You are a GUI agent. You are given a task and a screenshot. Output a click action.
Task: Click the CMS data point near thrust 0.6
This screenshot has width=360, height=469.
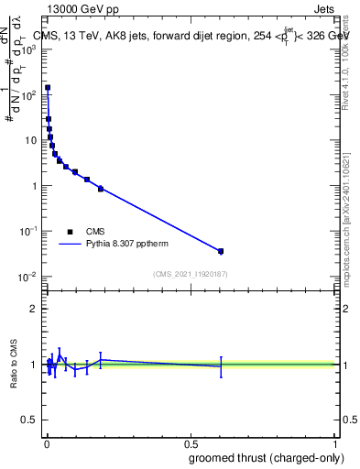coord(221,251)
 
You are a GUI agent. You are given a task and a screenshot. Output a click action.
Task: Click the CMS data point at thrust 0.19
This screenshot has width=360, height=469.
coord(101,189)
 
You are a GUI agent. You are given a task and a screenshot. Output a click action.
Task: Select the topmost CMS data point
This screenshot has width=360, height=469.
coord(48,88)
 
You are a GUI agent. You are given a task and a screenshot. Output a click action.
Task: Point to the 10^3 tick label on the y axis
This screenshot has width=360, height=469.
coord(28,49)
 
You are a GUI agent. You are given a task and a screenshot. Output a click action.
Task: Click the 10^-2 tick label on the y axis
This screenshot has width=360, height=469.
coord(28,277)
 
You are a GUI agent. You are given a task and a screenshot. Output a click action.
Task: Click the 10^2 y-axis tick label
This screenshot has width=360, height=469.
coord(28,94)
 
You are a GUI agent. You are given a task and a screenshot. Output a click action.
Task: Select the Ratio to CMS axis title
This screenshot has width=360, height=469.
coord(14,365)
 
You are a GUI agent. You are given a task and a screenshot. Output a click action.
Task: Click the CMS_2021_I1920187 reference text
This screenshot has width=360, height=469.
coord(189,275)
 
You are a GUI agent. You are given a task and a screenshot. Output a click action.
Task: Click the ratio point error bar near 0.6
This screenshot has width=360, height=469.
coord(221,366)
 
